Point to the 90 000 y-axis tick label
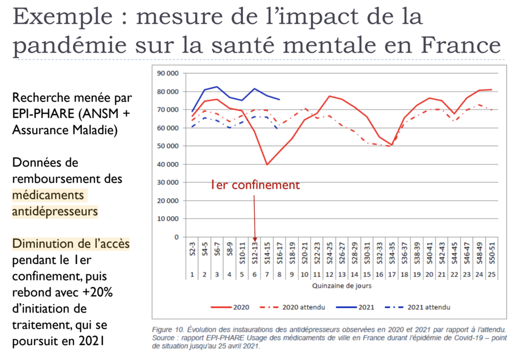pyautogui.click(x=167, y=74)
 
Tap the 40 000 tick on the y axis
pyautogui.click(x=167, y=164)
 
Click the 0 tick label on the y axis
pyautogui.click(x=176, y=237)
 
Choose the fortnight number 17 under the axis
pyautogui.click(x=390, y=274)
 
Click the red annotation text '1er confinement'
pyautogui.click(x=255, y=185)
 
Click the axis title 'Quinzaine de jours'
pyautogui.click(x=341, y=286)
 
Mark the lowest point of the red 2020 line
pyautogui.click(x=267, y=164)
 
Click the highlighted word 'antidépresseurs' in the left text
pyautogui.click(x=55, y=212)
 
